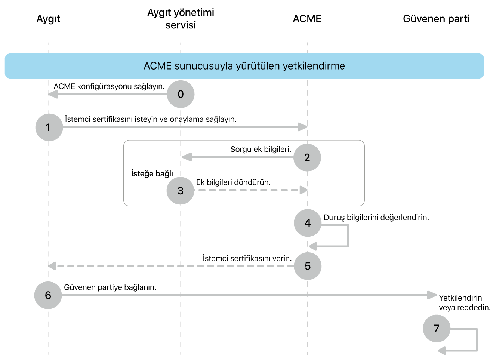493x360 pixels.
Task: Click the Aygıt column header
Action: [48, 19]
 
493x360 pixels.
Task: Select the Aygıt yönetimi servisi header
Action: [181, 19]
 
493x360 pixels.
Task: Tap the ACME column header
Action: [307, 19]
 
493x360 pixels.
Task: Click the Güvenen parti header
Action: [436, 19]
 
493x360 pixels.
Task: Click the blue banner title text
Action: [244, 66]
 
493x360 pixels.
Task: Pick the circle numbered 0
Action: [181, 94]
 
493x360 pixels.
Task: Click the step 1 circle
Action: [49, 127]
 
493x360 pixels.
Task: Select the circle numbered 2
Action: [307, 157]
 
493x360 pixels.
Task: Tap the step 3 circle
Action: [181, 191]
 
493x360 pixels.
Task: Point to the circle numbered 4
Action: [308, 223]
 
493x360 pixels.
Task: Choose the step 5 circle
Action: [308, 266]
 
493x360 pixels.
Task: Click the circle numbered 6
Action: [48, 295]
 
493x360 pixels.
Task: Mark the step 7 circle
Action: [437, 329]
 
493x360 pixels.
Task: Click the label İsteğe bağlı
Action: [152, 174]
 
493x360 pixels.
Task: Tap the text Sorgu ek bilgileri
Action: [261, 149]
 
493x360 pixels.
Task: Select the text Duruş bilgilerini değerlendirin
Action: [376, 217]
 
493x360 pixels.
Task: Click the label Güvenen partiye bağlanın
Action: [110, 287]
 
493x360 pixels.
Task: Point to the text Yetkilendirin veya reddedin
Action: [465, 302]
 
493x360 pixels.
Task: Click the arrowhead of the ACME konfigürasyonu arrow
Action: [53, 94]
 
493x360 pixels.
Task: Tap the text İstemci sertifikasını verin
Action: [247, 258]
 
